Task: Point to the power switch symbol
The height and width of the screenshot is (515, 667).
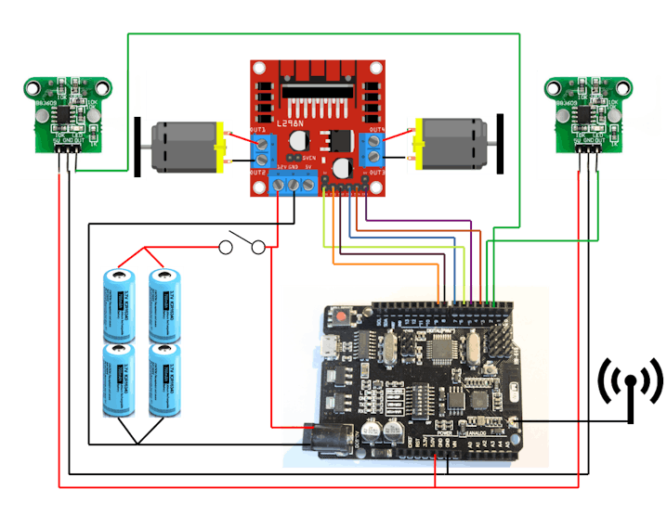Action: coord(243,246)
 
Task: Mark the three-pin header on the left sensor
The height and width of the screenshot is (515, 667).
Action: coord(67,161)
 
